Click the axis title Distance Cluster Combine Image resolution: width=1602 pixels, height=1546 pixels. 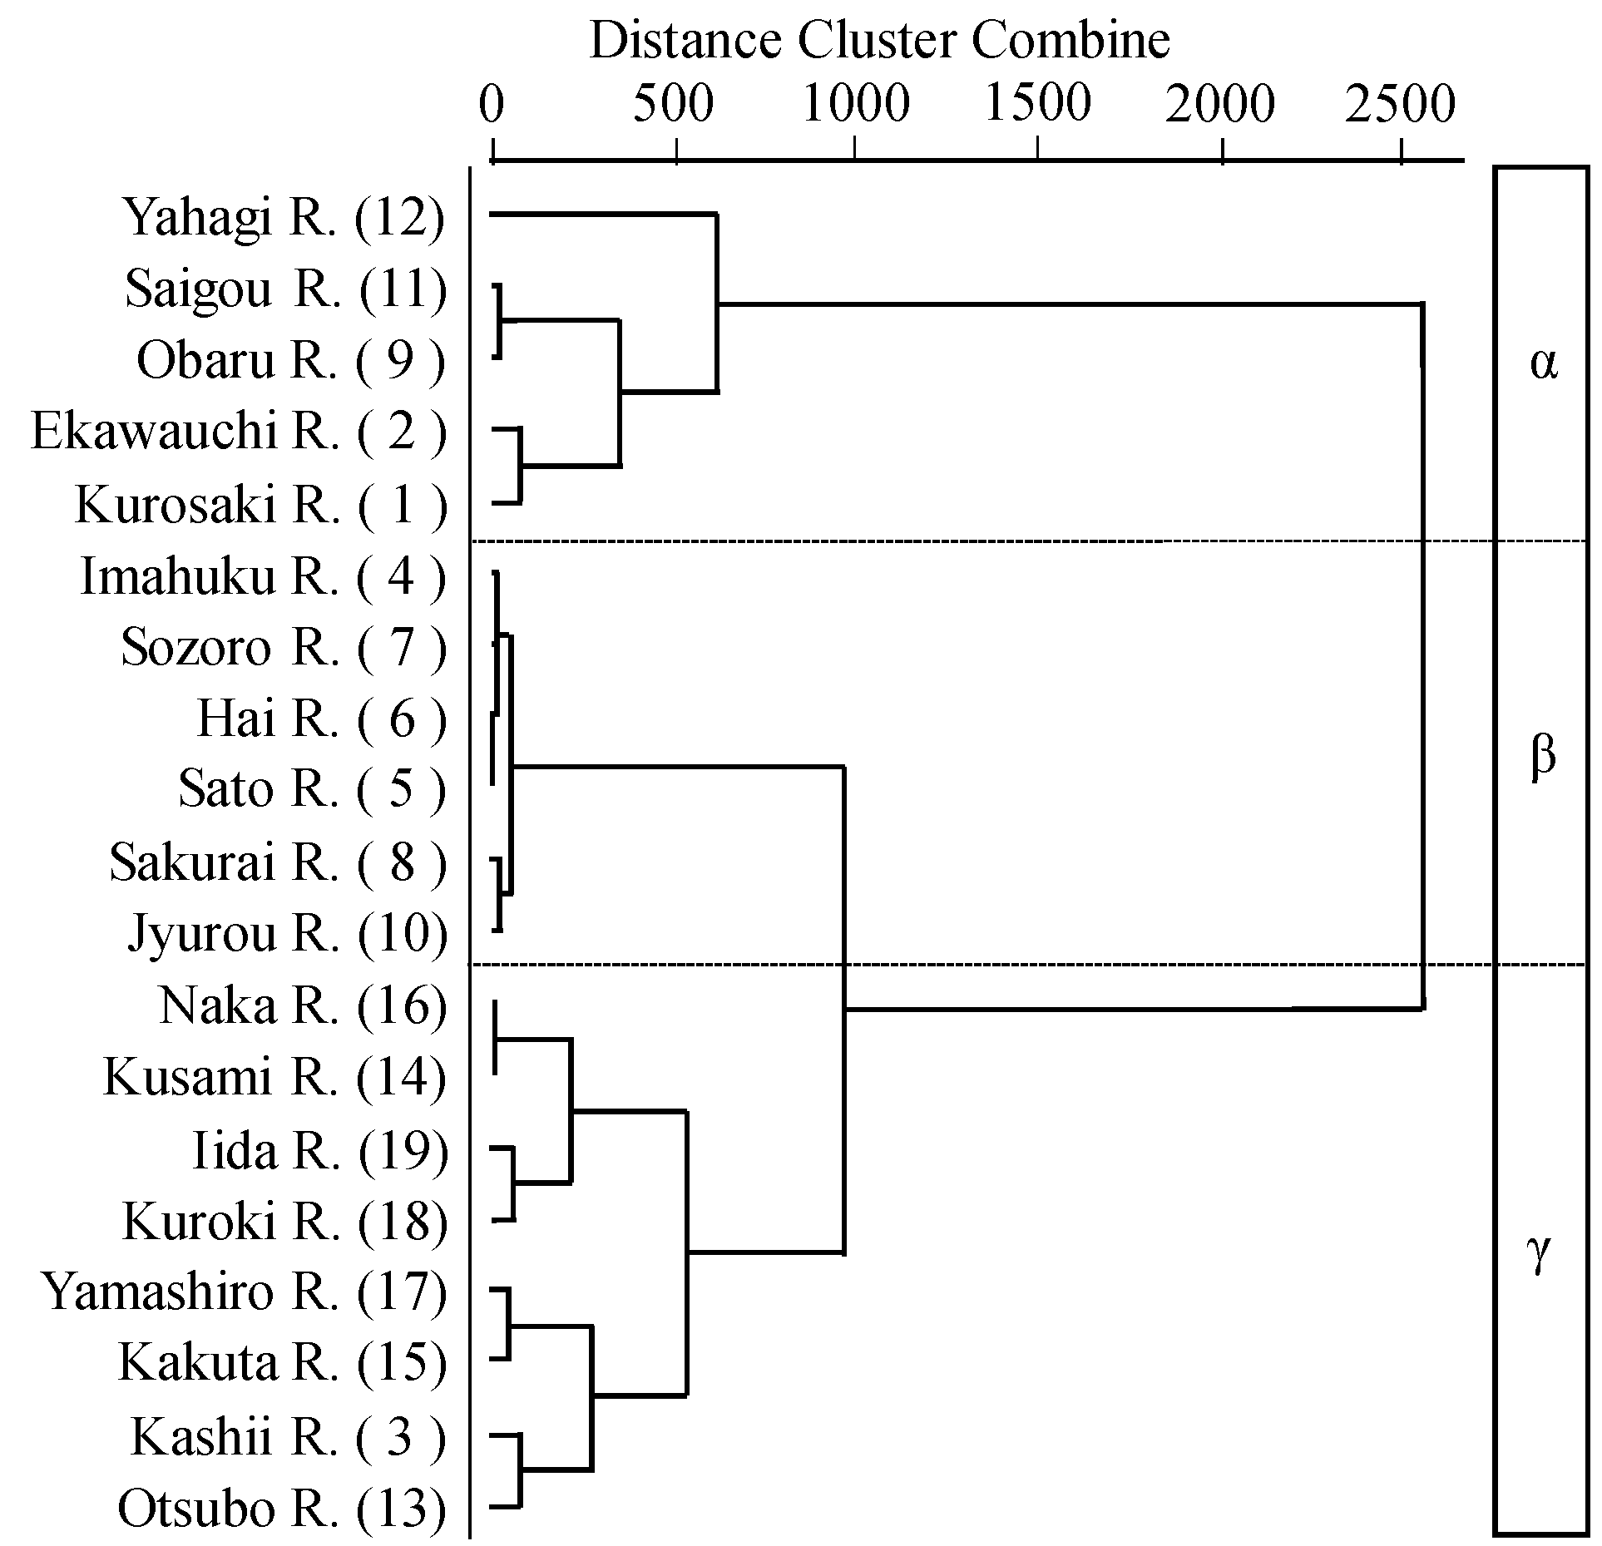pyautogui.click(x=879, y=40)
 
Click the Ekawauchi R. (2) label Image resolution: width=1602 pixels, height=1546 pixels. pyautogui.click(x=239, y=432)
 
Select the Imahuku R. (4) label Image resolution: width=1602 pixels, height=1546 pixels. pyautogui.click(x=263, y=576)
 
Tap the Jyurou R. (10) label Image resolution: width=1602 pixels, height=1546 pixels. pyautogui.click(x=287, y=934)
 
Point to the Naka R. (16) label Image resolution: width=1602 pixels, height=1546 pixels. pyautogui.click(x=303, y=1006)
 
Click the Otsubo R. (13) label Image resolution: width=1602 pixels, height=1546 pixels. pyautogui.click(x=282, y=1509)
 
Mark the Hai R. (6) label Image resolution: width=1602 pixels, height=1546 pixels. pyautogui.click(x=321, y=719)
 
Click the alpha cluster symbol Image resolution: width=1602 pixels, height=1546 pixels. pyautogui.click(x=1543, y=363)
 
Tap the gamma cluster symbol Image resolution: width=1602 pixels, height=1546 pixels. pyautogui.click(x=1540, y=1253)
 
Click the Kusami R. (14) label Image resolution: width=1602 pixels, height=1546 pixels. pyautogui.click(x=275, y=1079)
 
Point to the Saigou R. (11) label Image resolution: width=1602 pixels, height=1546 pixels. pyautogui.click(x=286, y=290)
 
